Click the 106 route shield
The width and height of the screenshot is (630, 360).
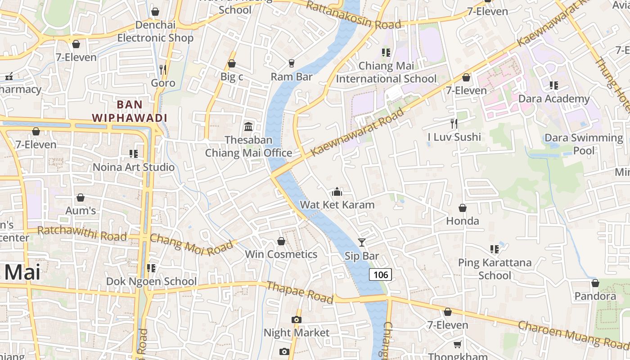[x=380, y=274]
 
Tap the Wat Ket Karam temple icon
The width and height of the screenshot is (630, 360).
[x=337, y=193]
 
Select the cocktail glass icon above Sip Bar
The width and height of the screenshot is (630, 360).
[x=362, y=243]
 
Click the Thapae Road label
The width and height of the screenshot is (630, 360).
[x=300, y=292]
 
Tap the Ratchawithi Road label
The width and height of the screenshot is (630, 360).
[x=82, y=233]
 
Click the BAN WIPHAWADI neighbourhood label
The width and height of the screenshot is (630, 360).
[x=130, y=111]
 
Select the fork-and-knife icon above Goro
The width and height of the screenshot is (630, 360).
[x=163, y=69]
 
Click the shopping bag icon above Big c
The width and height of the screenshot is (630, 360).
[x=232, y=63]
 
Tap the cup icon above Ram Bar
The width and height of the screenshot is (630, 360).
[x=292, y=63]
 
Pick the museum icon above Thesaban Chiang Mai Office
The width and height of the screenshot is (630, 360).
[x=248, y=126]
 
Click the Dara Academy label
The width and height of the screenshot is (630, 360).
[x=554, y=99]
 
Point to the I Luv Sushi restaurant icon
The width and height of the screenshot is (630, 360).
[x=454, y=123]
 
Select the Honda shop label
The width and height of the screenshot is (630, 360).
[x=463, y=221]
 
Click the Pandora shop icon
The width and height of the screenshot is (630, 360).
[x=595, y=283]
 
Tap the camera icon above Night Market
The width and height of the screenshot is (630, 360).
[x=296, y=319]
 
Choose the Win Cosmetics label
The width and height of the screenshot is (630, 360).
[x=281, y=254]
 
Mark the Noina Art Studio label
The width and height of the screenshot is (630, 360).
[x=134, y=167]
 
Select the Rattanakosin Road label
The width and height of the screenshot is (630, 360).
[x=353, y=15]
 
